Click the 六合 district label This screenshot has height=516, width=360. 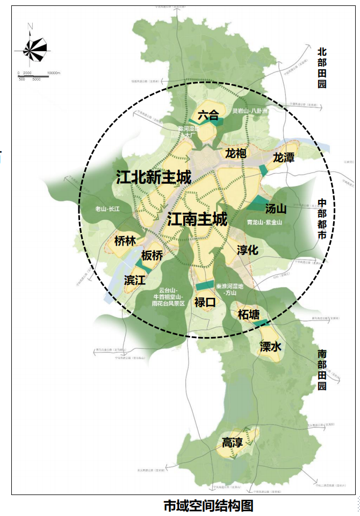(208, 114)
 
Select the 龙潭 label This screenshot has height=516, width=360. (283, 157)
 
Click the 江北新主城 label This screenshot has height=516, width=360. (153, 177)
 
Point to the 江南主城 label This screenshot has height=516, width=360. (197, 219)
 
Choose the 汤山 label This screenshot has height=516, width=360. (277, 209)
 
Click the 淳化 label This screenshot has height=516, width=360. (248, 250)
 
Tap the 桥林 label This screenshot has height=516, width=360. (125, 241)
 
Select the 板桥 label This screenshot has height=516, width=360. (152, 256)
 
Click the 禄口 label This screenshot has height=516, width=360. (205, 303)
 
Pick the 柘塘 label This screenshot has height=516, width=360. (248, 314)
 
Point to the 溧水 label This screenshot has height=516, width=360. (270, 347)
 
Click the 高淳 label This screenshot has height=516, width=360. (233, 443)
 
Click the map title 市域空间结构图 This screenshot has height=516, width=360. (208, 506)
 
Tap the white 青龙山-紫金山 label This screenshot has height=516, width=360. (264, 222)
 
